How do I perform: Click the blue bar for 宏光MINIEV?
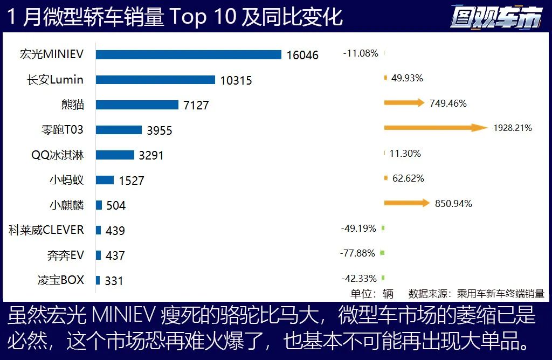click(189, 54)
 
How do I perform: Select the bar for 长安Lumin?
click(156, 80)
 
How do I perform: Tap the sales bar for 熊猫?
click(137, 105)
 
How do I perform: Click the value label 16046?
click(302, 55)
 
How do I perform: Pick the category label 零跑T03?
click(63, 130)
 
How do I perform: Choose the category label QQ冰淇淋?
click(58, 155)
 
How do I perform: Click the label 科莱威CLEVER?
click(46, 230)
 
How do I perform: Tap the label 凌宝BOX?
click(61, 280)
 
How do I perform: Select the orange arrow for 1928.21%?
click(436, 128)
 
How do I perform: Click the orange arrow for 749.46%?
click(404, 103)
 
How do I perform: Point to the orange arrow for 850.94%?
click(407, 203)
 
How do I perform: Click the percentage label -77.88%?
click(358, 253)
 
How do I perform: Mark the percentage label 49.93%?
click(407, 78)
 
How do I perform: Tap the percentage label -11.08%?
click(361, 53)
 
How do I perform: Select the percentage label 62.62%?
click(408, 178)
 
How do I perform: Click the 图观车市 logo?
click(495, 17)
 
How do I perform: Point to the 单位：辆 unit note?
click(372, 294)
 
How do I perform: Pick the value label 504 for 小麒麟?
click(116, 205)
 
